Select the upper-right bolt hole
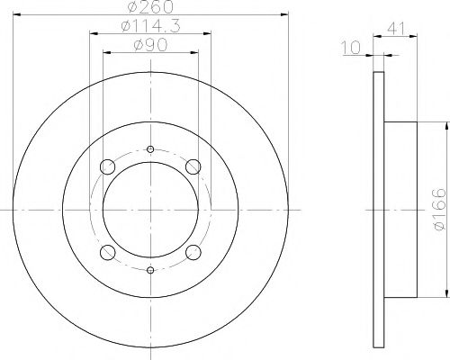click(192, 166)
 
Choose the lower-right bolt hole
click(192, 251)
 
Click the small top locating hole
click(150, 149)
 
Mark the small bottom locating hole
click(150, 268)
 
